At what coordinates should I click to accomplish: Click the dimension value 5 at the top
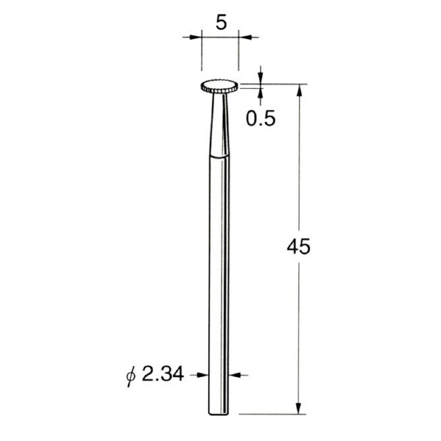pyautogui.click(x=221, y=23)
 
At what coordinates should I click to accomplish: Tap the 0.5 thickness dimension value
pyautogui.click(x=260, y=118)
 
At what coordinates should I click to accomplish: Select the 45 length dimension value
pyautogui.click(x=298, y=247)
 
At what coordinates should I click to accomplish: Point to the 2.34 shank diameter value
pyautogui.click(x=163, y=374)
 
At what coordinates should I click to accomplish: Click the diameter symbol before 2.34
pyautogui.click(x=131, y=376)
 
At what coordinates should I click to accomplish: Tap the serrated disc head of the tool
pyautogui.click(x=220, y=87)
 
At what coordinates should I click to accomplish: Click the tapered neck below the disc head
pyautogui.click(x=220, y=123)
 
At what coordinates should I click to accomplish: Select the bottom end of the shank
pyautogui.click(x=219, y=413)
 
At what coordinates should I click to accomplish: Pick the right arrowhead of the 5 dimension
pyautogui.click(x=245, y=37)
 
